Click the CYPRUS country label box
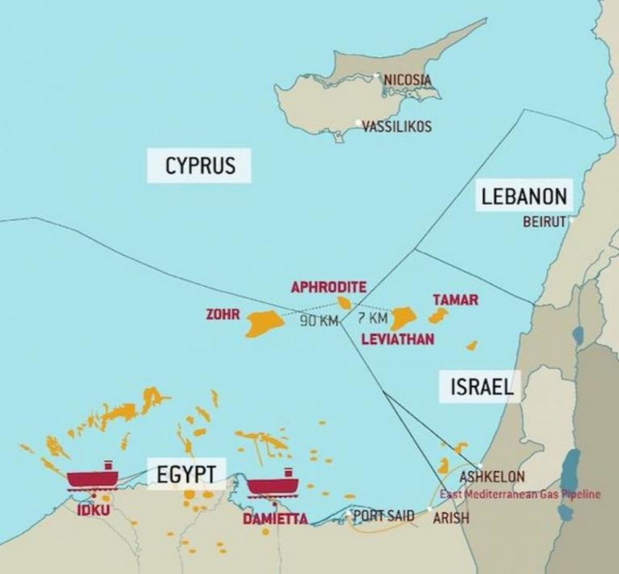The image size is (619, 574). pyautogui.click(x=199, y=166)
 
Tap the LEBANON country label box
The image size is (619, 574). pyautogui.click(x=524, y=196)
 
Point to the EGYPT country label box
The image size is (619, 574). pyautogui.click(x=186, y=474)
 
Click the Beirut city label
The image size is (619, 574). pyautogui.click(x=544, y=222)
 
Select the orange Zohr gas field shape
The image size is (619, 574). pyautogui.click(x=264, y=323)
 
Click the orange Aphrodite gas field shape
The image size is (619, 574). pyautogui.click(x=344, y=302)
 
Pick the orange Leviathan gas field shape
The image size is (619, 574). pyautogui.click(x=402, y=318)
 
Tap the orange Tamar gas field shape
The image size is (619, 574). pyautogui.click(x=438, y=316)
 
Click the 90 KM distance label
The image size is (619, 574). pyautogui.click(x=318, y=321)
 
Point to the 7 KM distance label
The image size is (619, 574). pyautogui.click(x=372, y=318)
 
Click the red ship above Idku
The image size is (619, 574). pyautogui.click(x=93, y=478)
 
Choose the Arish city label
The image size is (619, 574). pyautogui.click(x=451, y=518)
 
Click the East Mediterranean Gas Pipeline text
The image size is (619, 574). pyautogui.click(x=520, y=494)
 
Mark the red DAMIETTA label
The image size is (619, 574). pyautogui.click(x=275, y=519)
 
